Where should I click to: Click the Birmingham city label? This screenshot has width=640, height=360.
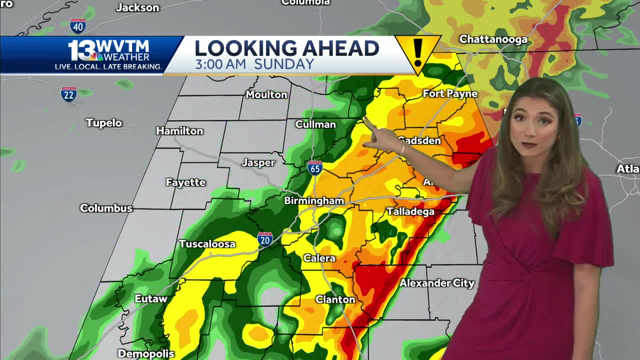tap(314, 200)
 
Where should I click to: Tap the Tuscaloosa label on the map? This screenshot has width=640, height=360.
tap(207, 244)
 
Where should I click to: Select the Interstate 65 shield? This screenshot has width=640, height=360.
tap(314, 167)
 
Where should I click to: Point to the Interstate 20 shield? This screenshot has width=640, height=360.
tap(265, 239)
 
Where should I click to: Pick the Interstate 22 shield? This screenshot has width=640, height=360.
tap(68, 94)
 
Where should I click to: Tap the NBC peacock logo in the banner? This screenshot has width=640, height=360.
tap(96, 56)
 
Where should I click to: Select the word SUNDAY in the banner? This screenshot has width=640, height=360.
tap(284, 64)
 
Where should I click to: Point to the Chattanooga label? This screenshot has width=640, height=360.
tap(493, 39)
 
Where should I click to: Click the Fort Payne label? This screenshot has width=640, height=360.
tap(450, 93)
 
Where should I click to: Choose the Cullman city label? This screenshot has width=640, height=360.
tap(315, 124)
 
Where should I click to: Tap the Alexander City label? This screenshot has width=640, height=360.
tap(436, 283)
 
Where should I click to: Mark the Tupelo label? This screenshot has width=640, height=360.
tap(104, 122)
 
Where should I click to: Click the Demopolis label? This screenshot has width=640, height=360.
tap(146, 353)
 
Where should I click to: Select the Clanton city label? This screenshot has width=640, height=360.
tap(335, 299)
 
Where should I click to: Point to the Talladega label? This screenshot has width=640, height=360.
tap(410, 211)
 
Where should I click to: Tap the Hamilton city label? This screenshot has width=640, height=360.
tap(179, 131)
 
